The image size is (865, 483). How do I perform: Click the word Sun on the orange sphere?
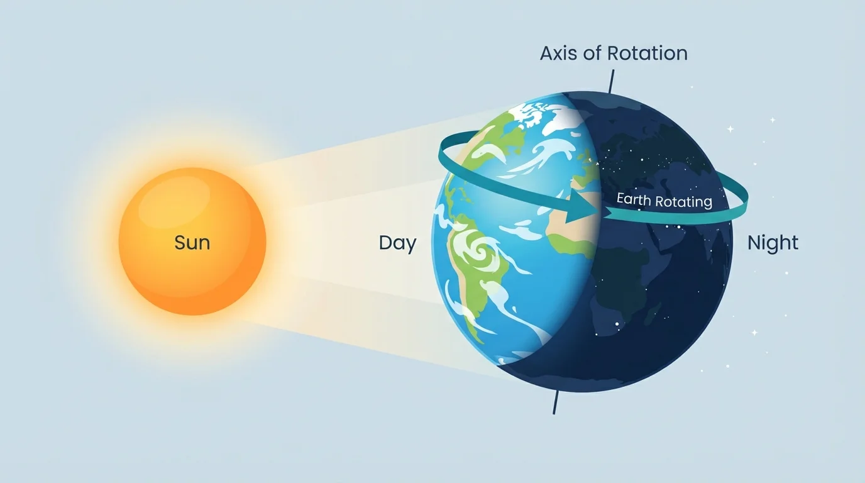point(192,243)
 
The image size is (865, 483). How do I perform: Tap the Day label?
point(397,243)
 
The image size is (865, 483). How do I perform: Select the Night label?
point(773,243)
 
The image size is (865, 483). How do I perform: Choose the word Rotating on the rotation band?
point(684,202)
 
